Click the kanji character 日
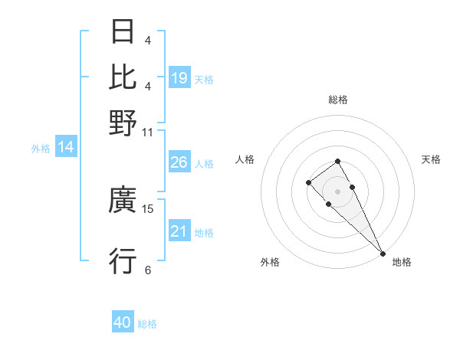tap(123, 33)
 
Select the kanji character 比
tap(123, 77)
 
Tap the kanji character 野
tap(123, 123)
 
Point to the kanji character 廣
tap(123, 201)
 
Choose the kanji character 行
tap(123, 261)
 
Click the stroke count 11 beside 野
tap(148, 132)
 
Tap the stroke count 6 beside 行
tap(148, 270)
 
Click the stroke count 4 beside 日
tap(148, 41)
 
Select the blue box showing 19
tap(179, 77)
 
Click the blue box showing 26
tap(179, 162)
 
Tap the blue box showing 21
tap(179, 231)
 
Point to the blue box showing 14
tap(66, 147)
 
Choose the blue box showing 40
tap(123, 322)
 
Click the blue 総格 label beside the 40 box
tap(148, 324)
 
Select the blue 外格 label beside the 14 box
tap(41, 149)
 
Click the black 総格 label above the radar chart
tap(337, 100)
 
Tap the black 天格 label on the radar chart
tap(431, 159)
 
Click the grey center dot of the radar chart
tap(337, 191)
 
